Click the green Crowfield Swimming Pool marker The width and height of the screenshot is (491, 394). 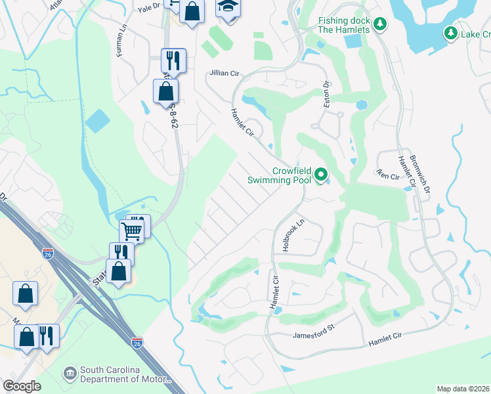pyautogui.click(x=321, y=175)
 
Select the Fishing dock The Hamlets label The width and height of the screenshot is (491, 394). pyautogui.click(x=345, y=25)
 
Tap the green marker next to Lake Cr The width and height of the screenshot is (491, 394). pyautogui.click(x=450, y=33)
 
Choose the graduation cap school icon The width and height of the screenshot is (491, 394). pyautogui.click(x=228, y=7)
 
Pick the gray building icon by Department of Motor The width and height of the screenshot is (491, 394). pyautogui.click(x=70, y=374)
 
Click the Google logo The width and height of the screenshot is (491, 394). pyautogui.click(x=21, y=386)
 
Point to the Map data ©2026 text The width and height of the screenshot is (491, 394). pyautogui.click(x=463, y=389)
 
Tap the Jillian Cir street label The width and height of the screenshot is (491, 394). pyautogui.click(x=224, y=73)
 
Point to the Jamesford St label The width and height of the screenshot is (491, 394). pyautogui.click(x=314, y=335)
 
